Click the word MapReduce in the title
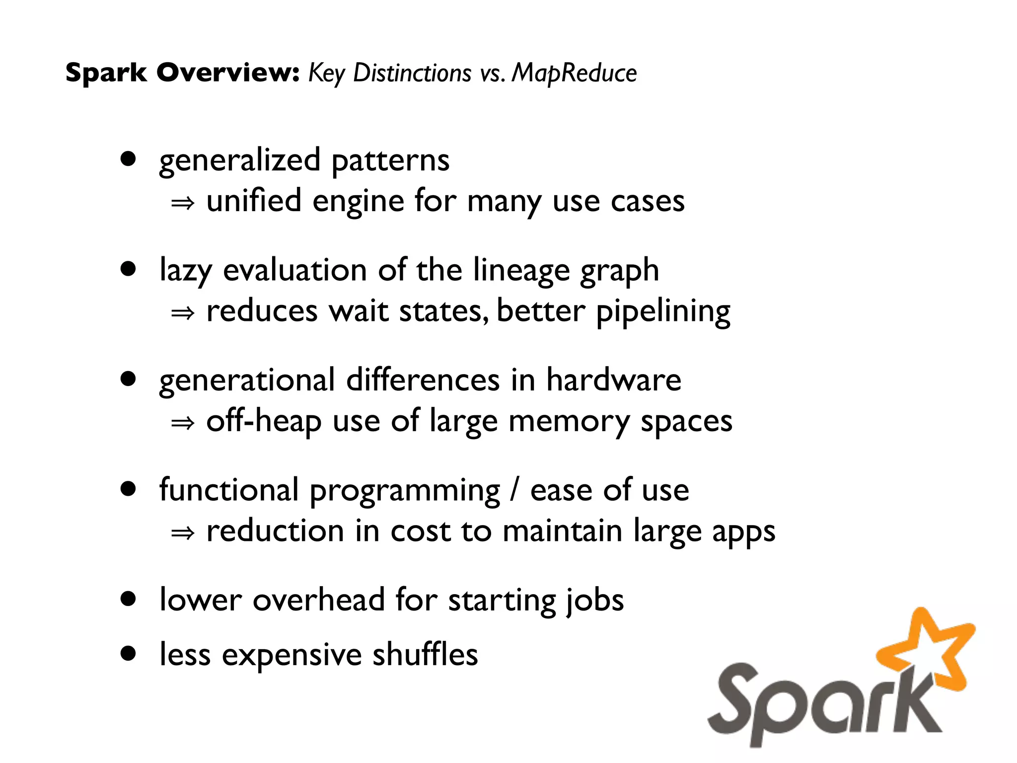pyautogui.click(x=574, y=74)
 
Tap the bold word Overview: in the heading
pyautogui.click(x=228, y=73)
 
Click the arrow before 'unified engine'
pyautogui.click(x=182, y=203)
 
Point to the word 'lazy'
pyautogui.click(x=185, y=271)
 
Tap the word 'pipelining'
pyautogui.click(x=663, y=312)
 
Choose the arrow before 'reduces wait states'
pyautogui.click(x=182, y=313)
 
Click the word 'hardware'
pyautogui.click(x=614, y=380)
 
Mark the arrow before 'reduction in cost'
pyautogui.click(x=182, y=533)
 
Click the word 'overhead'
pyautogui.click(x=318, y=600)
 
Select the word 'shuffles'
pyautogui.click(x=425, y=654)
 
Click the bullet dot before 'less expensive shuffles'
pyautogui.click(x=128, y=654)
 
